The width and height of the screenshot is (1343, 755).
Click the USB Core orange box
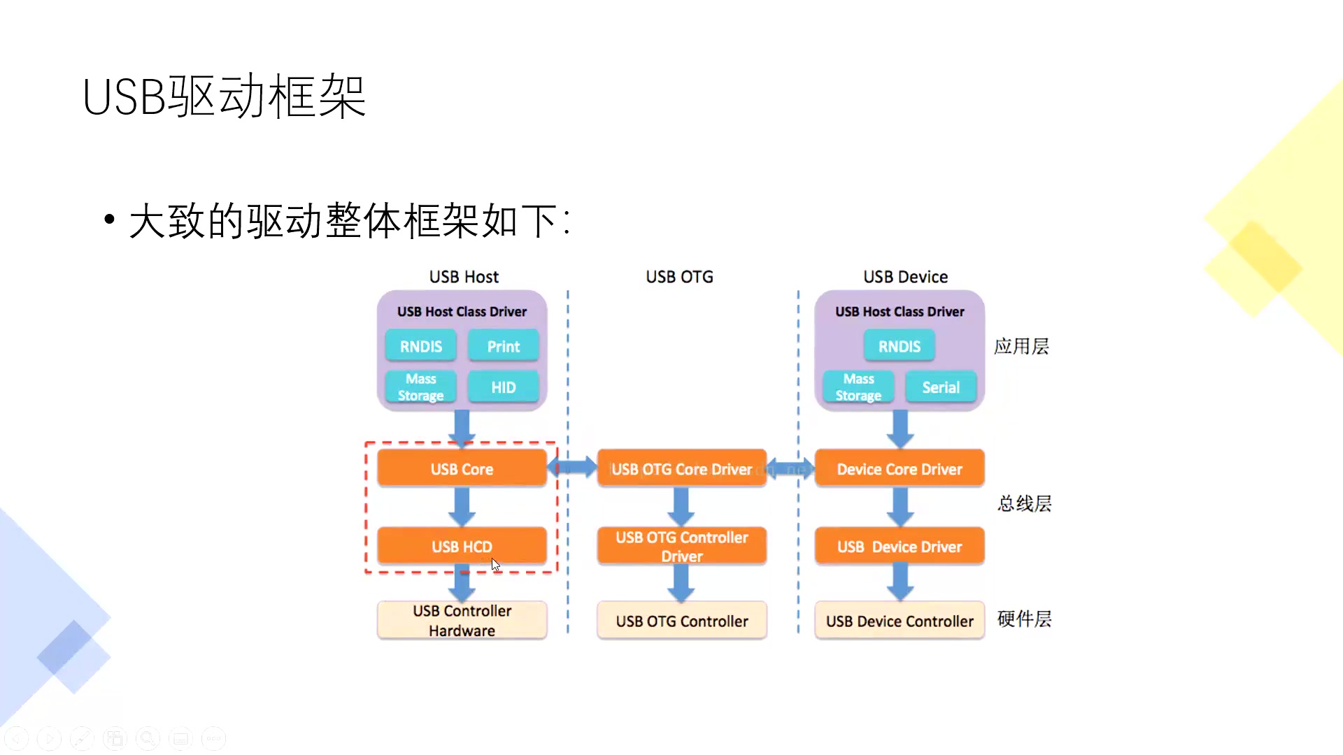tap(462, 469)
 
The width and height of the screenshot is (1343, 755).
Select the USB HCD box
tap(462, 547)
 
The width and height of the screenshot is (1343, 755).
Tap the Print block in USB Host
tap(503, 346)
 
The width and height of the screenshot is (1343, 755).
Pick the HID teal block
tap(503, 387)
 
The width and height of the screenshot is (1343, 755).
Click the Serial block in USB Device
tap(941, 387)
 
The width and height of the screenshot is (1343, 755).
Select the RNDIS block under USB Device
tap(900, 346)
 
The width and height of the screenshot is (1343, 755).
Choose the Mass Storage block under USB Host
tap(420, 387)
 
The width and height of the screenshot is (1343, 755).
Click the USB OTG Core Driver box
tap(682, 469)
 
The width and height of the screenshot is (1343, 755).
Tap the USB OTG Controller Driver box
tap(682, 547)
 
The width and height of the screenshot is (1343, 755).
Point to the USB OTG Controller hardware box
tap(682, 621)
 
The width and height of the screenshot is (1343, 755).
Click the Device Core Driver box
tap(900, 469)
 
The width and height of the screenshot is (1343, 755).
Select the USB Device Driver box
tap(900, 547)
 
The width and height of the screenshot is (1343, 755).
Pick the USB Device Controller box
tap(900, 621)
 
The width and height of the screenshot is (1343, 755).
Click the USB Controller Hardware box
tap(462, 621)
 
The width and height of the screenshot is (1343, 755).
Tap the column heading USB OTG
tap(679, 277)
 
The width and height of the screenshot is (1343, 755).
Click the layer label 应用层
tap(1021, 346)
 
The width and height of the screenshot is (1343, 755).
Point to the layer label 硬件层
tap(1024, 619)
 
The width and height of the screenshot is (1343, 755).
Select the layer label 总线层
tap(1024, 503)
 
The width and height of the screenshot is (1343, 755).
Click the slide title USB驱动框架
tap(224, 96)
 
